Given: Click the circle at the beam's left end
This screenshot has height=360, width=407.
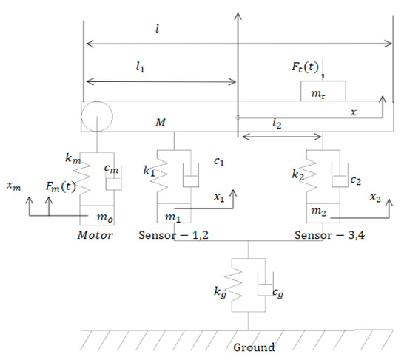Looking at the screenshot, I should click(x=97, y=116).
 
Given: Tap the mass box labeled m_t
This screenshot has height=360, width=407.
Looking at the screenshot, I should click(x=324, y=91).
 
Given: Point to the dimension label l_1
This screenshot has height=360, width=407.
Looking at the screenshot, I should click(x=141, y=67).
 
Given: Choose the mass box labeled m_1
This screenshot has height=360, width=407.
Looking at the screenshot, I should click(x=173, y=214).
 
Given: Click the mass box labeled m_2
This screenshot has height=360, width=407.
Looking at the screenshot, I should click(x=324, y=211).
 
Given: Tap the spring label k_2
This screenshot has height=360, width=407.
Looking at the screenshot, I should click(x=300, y=174).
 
